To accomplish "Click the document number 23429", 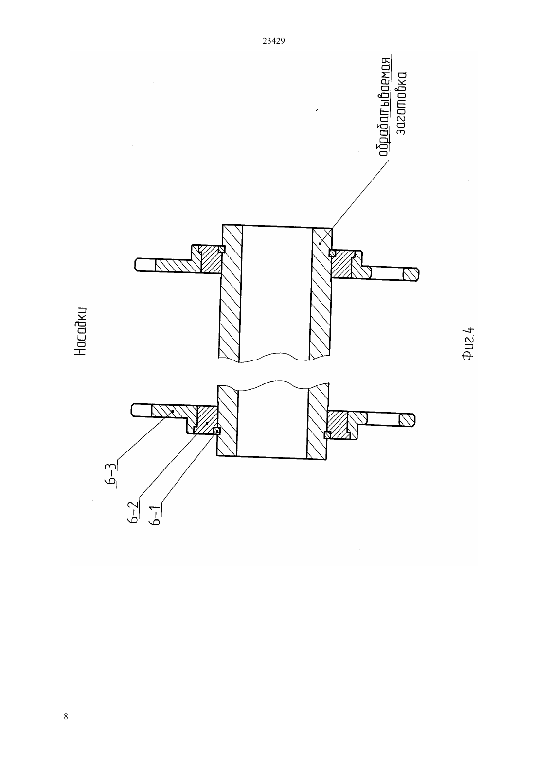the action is click(273, 41).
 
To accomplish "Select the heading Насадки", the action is click(80, 331).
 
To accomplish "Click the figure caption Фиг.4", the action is click(468, 343).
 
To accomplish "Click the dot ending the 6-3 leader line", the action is click(173, 411).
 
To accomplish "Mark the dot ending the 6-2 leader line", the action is click(207, 423).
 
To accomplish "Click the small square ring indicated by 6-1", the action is click(217, 431).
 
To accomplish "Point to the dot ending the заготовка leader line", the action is click(320, 243).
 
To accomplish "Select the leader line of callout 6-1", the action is click(189, 468).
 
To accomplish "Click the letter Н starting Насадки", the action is click(80, 351).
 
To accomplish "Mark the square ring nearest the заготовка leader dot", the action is click(332, 253).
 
